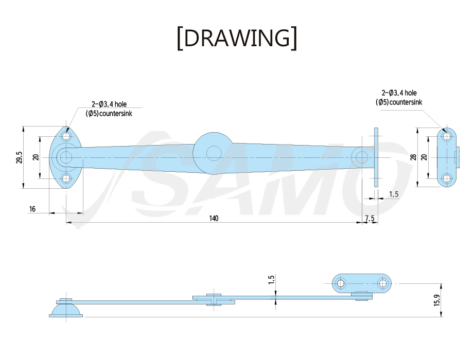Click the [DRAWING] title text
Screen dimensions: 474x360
click(x=237, y=38)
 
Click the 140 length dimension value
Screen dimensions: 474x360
click(x=214, y=218)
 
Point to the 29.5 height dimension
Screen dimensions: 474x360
click(x=20, y=157)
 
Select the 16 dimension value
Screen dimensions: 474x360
click(x=32, y=209)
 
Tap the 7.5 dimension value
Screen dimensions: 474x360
click(x=370, y=218)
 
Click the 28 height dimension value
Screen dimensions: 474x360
click(x=413, y=157)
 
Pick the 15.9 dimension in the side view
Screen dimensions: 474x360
click(x=437, y=300)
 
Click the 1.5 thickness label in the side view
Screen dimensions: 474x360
click(x=271, y=279)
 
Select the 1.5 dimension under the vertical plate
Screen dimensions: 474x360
click(x=394, y=194)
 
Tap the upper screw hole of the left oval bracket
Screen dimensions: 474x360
click(x=66, y=136)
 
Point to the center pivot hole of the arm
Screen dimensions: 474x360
click(x=214, y=153)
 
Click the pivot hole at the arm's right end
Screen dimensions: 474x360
click(x=361, y=157)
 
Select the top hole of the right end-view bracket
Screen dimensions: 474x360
click(x=447, y=136)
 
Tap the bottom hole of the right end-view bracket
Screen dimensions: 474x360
click(x=447, y=178)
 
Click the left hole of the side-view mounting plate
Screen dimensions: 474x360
click(x=341, y=283)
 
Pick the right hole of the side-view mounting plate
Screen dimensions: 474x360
click(x=383, y=283)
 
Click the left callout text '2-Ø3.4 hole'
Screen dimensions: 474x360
click(x=109, y=104)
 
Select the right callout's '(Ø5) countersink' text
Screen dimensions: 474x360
click(x=399, y=102)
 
